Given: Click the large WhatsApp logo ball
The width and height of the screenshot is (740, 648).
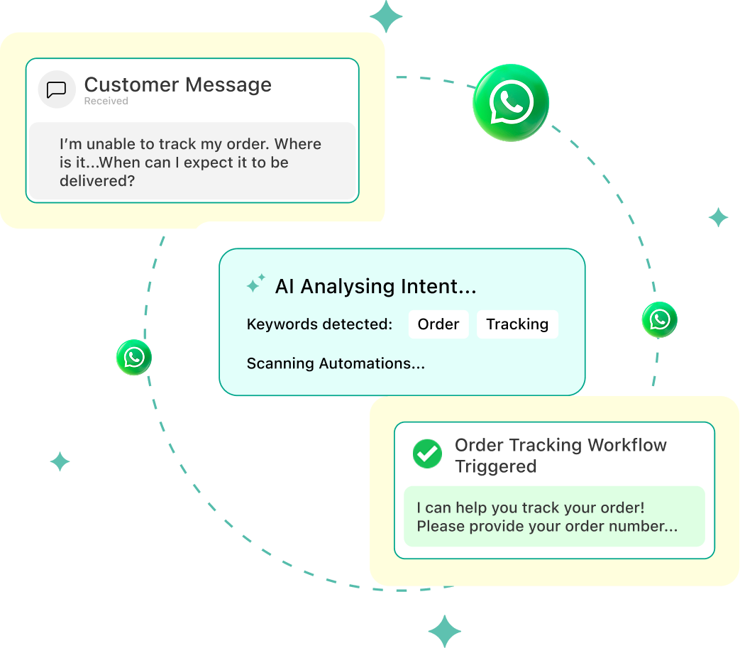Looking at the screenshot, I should pyautogui.click(x=511, y=104).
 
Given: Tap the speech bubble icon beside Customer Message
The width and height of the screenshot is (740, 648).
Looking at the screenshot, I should pyautogui.click(x=57, y=90).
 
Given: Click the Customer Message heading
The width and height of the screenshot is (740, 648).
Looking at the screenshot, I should pyautogui.click(x=178, y=85).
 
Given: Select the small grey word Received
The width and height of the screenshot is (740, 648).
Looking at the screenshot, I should pyautogui.click(x=106, y=101).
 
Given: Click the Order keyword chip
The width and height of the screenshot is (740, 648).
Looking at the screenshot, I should pyautogui.click(x=438, y=324).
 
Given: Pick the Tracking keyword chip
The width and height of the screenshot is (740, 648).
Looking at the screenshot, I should pyautogui.click(x=517, y=324).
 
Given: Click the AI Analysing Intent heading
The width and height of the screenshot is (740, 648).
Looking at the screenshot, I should pyautogui.click(x=375, y=286).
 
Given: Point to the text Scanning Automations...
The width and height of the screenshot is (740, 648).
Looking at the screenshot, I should pyautogui.click(x=336, y=363).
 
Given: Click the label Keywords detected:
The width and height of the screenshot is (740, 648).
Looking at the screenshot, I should pyautogui.click(x=319, y=324).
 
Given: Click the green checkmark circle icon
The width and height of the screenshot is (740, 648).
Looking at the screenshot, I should pyautogui.click(x=427, y=454).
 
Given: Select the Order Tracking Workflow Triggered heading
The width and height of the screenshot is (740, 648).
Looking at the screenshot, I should pyautogui.click(x=560, y=456).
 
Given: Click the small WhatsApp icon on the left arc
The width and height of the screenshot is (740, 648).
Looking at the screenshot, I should pyautogui.click(x=134, y=357).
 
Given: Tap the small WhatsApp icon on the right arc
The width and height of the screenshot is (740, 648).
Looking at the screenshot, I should pyautogui.click(x=660, y=319).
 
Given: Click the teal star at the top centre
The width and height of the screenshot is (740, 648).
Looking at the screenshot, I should pyautogui.click(x=386, y=16).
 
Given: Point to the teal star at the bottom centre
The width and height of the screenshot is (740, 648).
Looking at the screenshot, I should pyautogui.click(x=445, y=631).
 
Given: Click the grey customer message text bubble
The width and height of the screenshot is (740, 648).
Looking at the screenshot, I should pyautogui.click(x=192, y=162).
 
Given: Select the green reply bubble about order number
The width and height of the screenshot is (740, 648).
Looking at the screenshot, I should pyautogui.click(x=554, y=517).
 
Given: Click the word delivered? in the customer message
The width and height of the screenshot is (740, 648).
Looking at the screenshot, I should pyautogui.click(x=97, y=181).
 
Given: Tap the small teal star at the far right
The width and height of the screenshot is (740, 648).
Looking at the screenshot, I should pyautogui.click(x=718, y=217).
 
